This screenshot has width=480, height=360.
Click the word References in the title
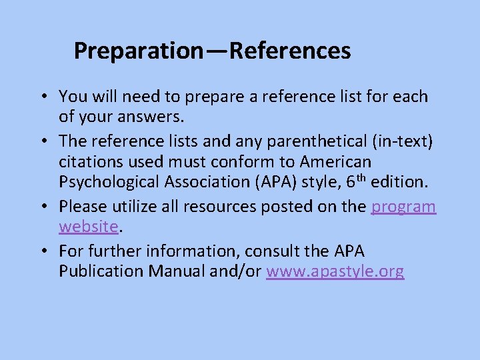[290, 51]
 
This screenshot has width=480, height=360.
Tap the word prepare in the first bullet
[213, 97]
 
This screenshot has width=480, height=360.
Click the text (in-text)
[399, 141]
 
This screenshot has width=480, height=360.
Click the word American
[335, 162]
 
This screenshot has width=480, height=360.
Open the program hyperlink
[403, 207]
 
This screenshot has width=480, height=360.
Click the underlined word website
[89, 227]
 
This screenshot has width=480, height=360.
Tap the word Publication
[101, 272]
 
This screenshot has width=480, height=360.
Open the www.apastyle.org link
[335, 272]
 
